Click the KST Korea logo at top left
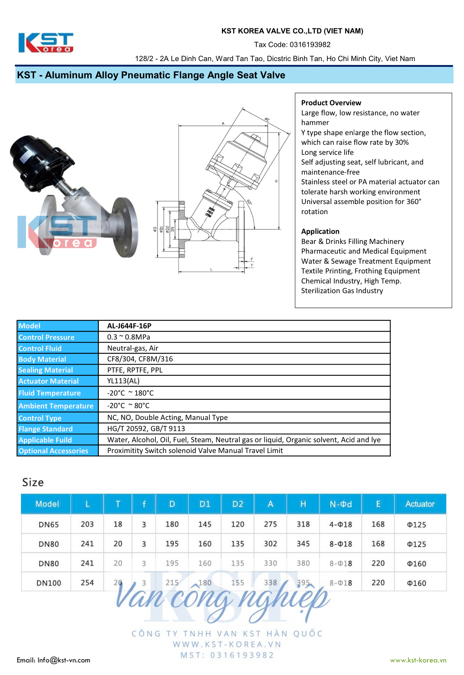[46, 43]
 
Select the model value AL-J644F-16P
[129, 326]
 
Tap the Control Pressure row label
[46, 337]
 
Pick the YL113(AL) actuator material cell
[123, 381]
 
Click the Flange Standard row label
[46, 429]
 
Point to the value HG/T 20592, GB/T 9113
[146, 429]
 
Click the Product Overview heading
[331, 103]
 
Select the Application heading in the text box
[320, 231]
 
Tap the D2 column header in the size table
[237, 504]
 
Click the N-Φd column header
[340, 504]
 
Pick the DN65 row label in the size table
[49, 524]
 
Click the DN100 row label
[49, 583]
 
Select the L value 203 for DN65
[87, 524]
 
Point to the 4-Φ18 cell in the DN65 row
[340, 524]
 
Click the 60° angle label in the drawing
[249, 202]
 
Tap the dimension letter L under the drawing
[211, 269]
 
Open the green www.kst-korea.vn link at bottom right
[418, 660]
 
